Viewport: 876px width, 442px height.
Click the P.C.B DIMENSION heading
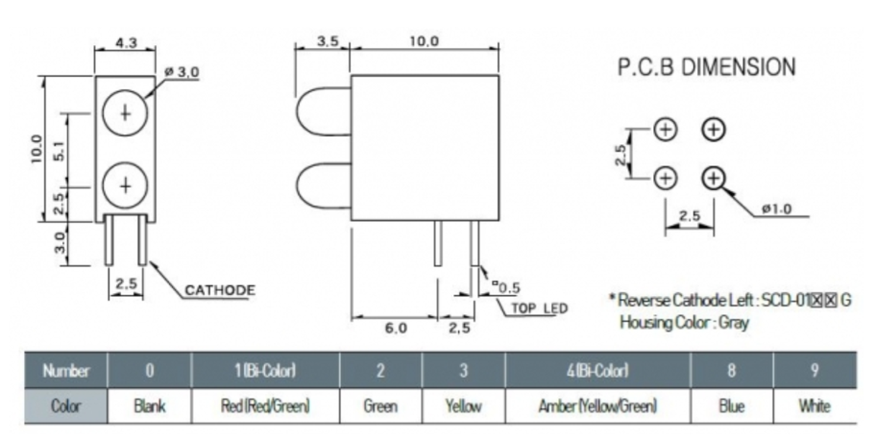tap(706, 67)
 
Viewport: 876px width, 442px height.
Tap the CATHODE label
tap(219, 289)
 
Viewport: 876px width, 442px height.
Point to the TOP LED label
tap(539, 308)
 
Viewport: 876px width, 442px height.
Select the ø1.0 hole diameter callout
tap(775, 209)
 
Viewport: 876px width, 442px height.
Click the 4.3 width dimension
tap(126, 42)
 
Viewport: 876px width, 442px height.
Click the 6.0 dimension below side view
tap(395, 329)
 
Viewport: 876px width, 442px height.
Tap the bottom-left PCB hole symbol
tap(666, 178)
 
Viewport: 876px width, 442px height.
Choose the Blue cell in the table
tap(732, 406)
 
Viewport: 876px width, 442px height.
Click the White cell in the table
tap(814, 406)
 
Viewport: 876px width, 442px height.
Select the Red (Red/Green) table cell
tap(265, 406)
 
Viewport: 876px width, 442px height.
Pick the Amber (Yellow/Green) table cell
tap(596, 406)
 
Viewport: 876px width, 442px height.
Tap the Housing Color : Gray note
tap(684, 322)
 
